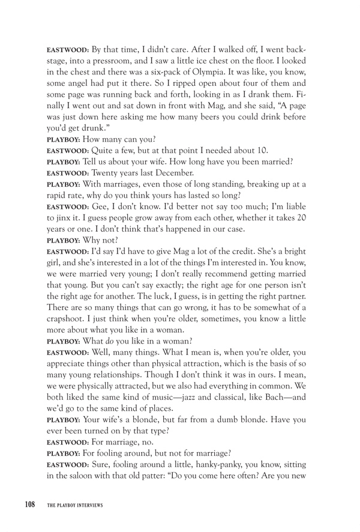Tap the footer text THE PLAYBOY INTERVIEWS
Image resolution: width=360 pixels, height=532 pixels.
click(x=76, y=506)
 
